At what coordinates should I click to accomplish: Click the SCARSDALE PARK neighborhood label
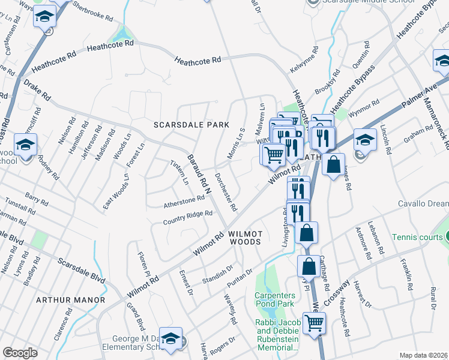tap(191, 125)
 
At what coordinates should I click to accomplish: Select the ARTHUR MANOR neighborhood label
tap(70, 299)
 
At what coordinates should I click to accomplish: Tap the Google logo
tap(20, 352)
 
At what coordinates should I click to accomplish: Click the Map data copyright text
tap(423, 355)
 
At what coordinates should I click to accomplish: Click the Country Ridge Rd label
tap(188, 218)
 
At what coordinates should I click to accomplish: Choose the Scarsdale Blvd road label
tap(81, 270)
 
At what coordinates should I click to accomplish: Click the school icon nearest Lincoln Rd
tap(365, 140)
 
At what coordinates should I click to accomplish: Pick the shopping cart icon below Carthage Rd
tap(314, 323)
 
